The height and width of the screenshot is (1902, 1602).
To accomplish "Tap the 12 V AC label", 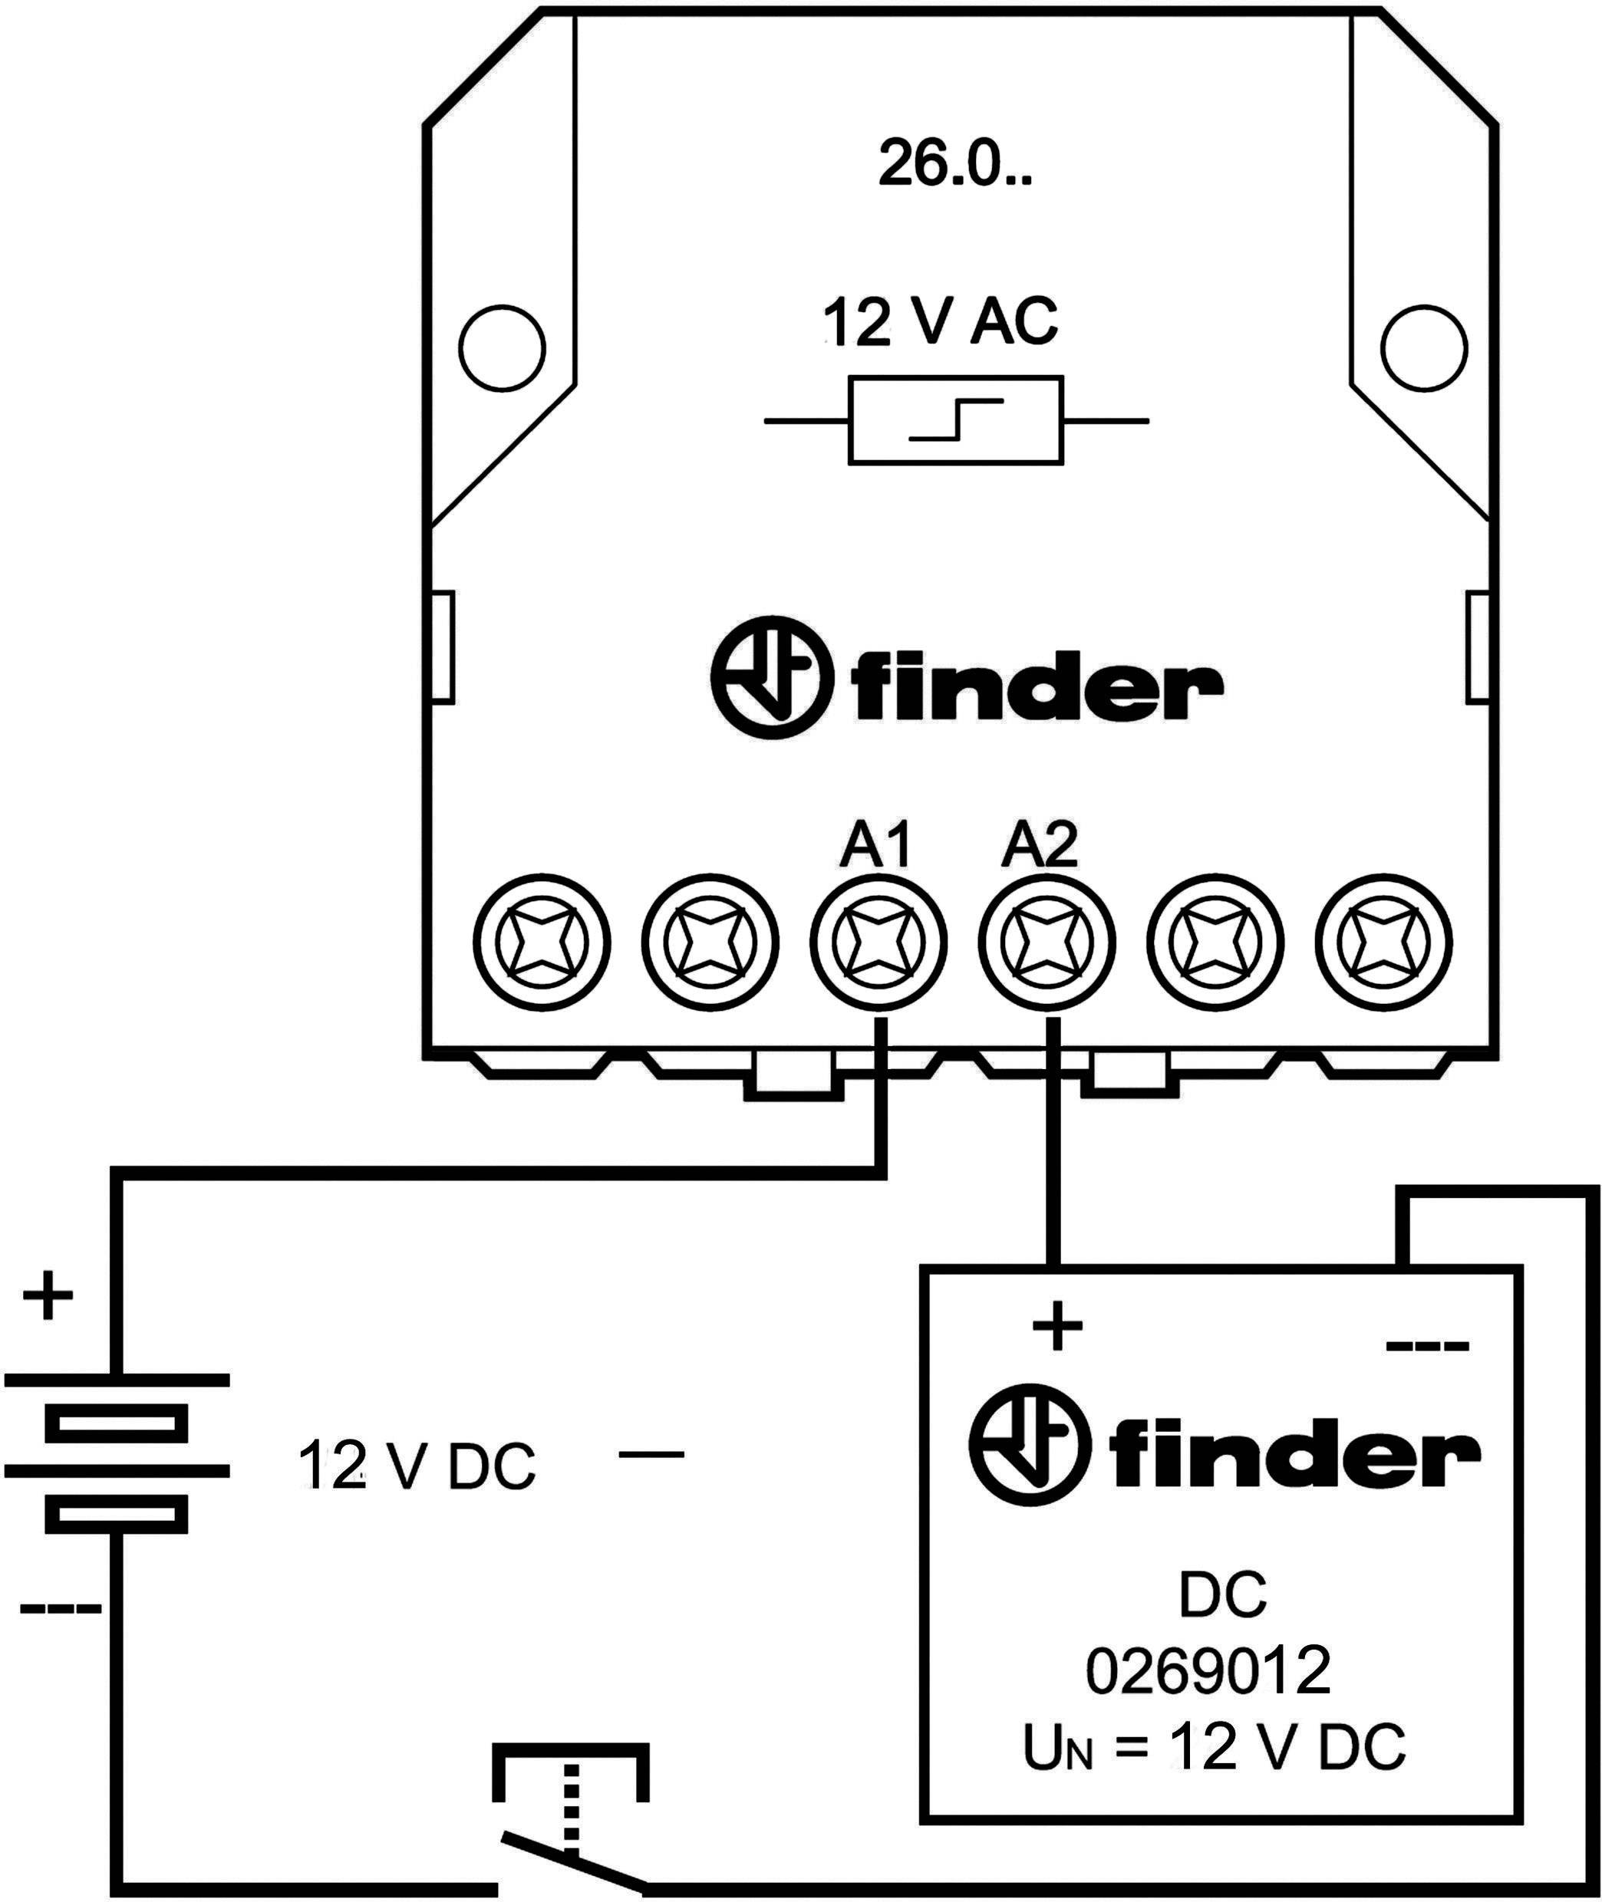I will coord(940,323).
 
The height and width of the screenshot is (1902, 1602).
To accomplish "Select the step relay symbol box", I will coord(955,421).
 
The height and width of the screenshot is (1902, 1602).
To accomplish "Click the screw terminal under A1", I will coord(877,943).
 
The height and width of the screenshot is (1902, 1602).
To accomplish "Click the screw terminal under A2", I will coord(1045,943).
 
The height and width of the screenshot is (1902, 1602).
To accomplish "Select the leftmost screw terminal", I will coord(542,943).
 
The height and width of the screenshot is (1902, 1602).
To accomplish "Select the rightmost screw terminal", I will coord(1383,943).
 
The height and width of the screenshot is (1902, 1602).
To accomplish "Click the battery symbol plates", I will coord(117,1451).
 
